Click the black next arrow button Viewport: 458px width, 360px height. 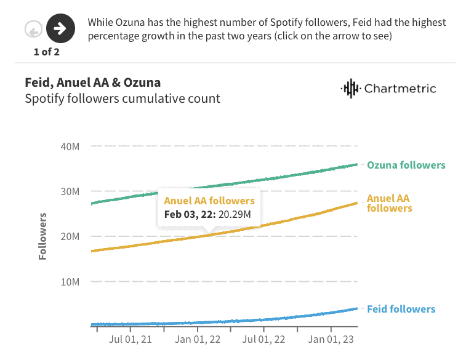tap(60, 28)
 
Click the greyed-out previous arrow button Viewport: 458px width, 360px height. tap(34, 28)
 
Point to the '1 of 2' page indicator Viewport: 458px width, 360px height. tap(47, 51)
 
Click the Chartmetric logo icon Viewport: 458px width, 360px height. tap(350, 89)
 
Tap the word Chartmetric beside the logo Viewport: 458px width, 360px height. tap(400, 89)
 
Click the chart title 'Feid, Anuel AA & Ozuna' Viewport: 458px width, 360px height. tap(92, 82)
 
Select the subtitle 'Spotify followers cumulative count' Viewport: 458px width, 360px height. tap(122, 98)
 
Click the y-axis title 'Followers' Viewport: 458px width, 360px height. tap(42, 236)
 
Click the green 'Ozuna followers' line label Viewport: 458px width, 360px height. tap(406, 165)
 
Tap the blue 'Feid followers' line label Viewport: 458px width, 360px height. tap(401, 309)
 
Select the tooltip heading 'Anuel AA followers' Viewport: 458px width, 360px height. tap(209, 201)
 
